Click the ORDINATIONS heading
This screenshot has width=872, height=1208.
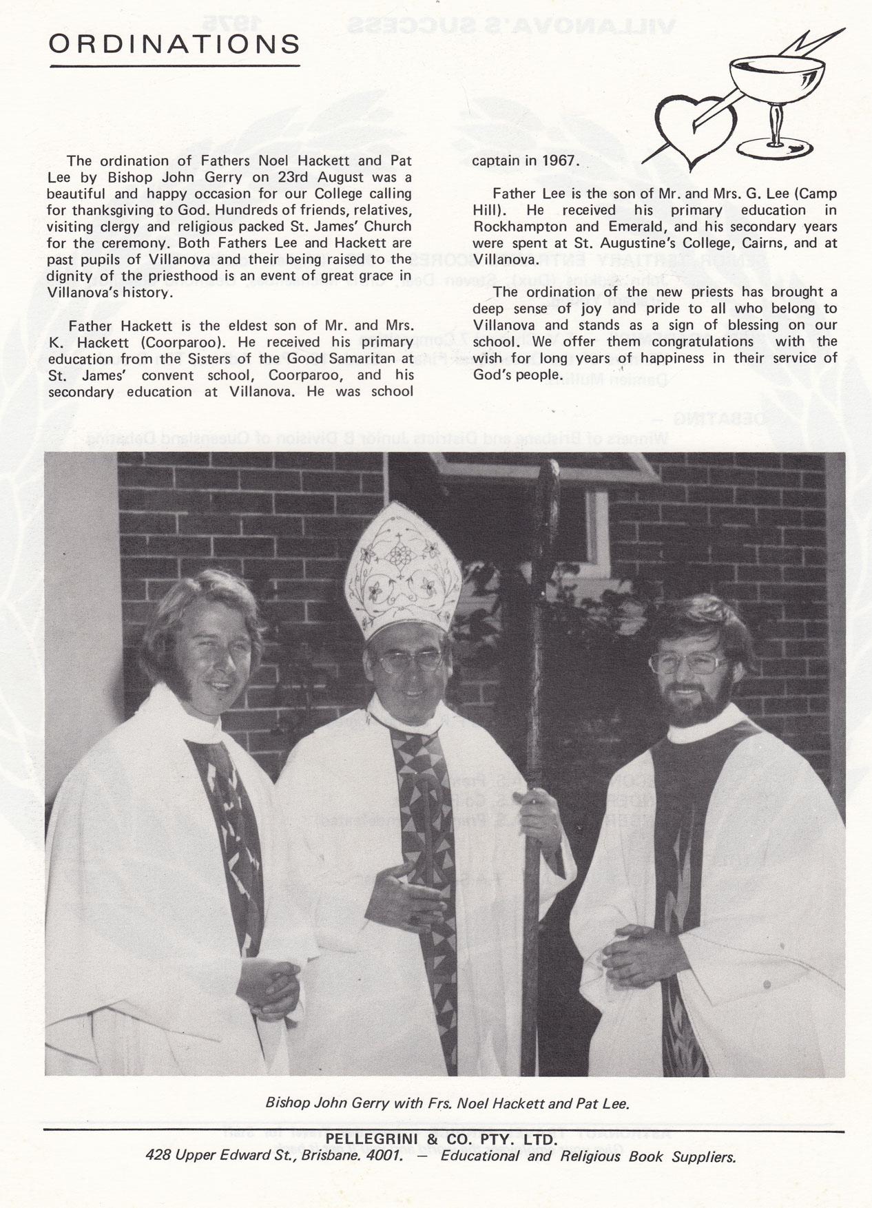point(175,45)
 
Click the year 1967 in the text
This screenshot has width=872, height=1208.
point(557,161)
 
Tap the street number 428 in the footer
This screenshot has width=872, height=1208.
point(158,1156)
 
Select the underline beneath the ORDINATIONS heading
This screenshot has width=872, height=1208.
point(175,66)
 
